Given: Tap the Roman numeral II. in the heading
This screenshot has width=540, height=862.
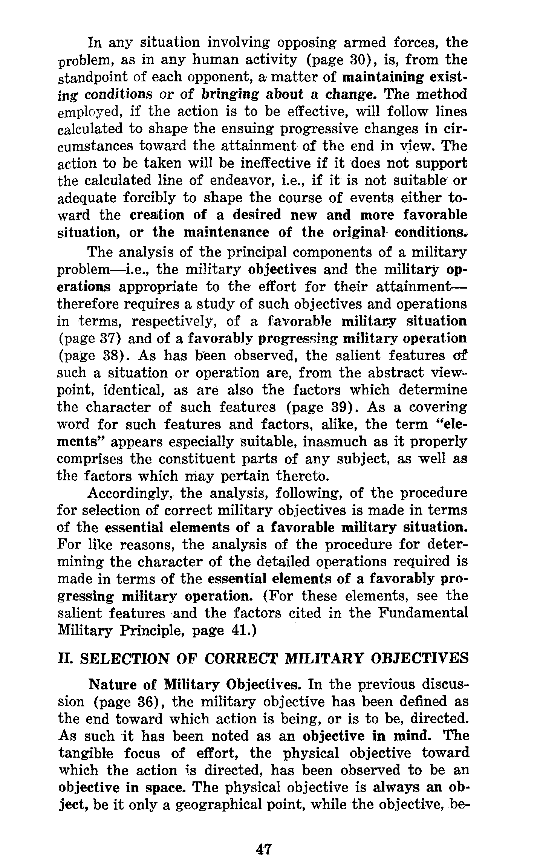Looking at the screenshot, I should [x=66, y=659].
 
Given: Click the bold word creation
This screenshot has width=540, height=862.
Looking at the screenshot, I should [x=156, y=215].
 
